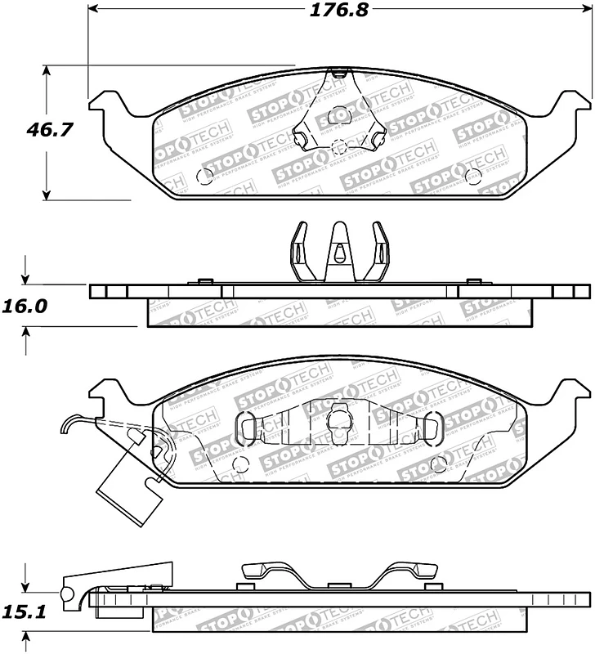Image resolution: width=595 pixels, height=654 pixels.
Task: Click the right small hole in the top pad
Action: (470, 175)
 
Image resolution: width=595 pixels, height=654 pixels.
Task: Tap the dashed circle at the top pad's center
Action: (339, 148)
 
